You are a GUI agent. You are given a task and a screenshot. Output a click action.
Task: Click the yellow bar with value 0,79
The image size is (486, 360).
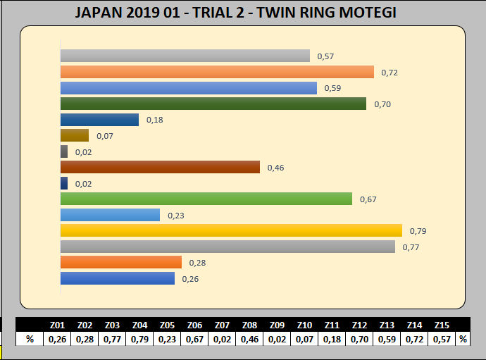231,230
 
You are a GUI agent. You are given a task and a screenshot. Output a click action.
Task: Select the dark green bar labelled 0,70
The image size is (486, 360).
213,104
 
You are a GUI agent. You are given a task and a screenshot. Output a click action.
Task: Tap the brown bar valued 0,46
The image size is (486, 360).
160,167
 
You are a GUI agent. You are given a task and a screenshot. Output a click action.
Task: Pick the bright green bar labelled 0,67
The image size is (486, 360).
206,199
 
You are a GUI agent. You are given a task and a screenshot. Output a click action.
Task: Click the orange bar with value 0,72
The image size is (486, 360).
217,72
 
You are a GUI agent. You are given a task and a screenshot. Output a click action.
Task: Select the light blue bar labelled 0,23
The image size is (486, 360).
110,215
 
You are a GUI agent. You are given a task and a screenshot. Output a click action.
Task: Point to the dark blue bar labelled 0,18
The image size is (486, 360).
99,120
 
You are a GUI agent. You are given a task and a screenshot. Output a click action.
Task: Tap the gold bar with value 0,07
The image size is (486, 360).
75,135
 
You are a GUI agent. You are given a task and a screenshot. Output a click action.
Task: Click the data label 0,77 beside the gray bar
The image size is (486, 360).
411,247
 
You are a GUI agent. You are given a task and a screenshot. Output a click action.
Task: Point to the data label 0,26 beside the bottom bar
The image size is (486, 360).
190,279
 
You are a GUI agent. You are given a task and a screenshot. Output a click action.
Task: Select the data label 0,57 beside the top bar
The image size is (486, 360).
325,56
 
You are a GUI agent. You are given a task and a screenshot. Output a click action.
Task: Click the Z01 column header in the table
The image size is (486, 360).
58,325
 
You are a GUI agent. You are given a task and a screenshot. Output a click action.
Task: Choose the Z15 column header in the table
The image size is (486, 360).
442,325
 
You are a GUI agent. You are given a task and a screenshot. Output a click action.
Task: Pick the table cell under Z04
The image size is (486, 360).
139,339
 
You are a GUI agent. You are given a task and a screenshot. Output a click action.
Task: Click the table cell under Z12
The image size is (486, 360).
360,339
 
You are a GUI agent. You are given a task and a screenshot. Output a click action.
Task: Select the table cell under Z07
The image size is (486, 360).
223,339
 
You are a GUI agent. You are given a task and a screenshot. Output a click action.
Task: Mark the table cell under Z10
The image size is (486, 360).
305,339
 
